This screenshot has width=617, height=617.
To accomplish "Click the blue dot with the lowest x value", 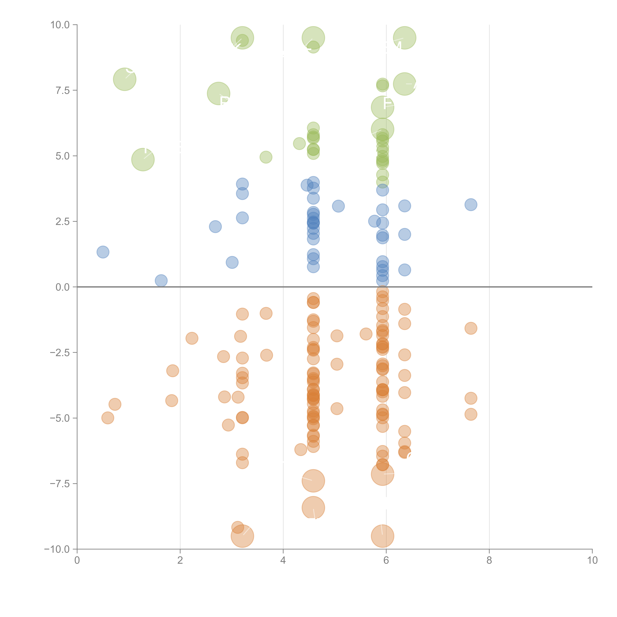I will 103,252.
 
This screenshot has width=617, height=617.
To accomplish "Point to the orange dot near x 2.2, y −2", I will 192,338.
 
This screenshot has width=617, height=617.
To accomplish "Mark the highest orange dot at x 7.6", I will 471,328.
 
